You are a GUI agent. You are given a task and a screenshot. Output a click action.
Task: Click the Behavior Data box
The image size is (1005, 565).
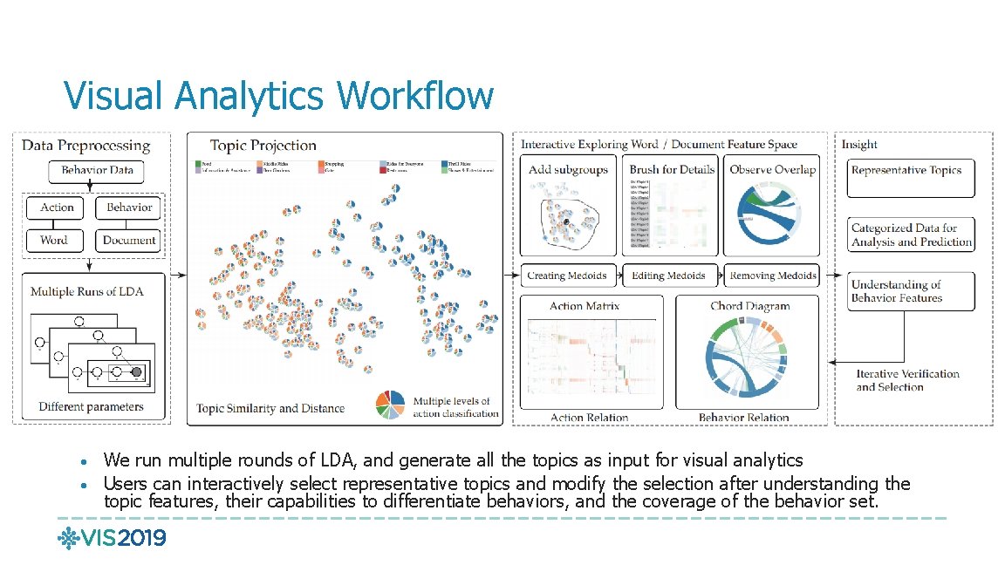97,170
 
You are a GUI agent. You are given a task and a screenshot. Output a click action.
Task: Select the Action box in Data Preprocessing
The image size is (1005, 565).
57,208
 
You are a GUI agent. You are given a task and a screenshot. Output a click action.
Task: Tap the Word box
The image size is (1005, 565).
53,240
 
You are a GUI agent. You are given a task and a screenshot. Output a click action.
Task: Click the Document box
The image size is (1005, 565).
128,240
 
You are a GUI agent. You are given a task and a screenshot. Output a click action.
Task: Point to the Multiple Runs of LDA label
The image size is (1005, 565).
86,291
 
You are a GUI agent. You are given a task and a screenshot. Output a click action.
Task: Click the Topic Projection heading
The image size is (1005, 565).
263,146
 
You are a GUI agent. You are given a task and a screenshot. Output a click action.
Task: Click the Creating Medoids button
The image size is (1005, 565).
567,276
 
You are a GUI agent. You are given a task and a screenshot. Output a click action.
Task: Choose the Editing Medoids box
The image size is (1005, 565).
668,276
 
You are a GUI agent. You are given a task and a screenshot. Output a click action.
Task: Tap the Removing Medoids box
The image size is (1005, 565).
773,276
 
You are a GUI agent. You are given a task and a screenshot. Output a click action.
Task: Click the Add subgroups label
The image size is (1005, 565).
568,170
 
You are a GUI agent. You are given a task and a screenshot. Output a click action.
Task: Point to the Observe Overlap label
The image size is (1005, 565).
772,170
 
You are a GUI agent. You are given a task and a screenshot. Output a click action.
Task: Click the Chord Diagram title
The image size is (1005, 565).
749,306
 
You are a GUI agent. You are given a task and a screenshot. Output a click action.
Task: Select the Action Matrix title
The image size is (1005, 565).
585,306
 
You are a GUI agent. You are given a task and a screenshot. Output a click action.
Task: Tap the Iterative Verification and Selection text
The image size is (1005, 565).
906,380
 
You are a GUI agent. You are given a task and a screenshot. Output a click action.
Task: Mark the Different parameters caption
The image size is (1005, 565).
91,406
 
